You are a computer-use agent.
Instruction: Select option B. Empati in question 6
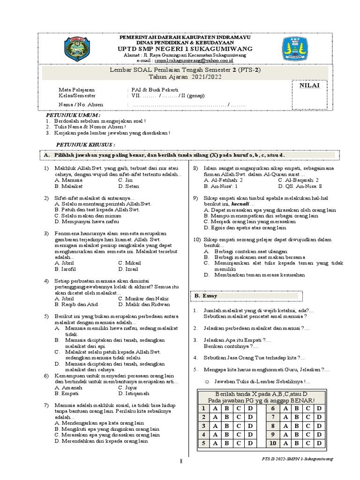tap(67, 393)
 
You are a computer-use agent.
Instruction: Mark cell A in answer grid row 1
tap(215, 409)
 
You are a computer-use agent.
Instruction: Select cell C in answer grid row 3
tap(239, 426)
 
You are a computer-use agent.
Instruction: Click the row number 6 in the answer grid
tap(272, 409)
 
